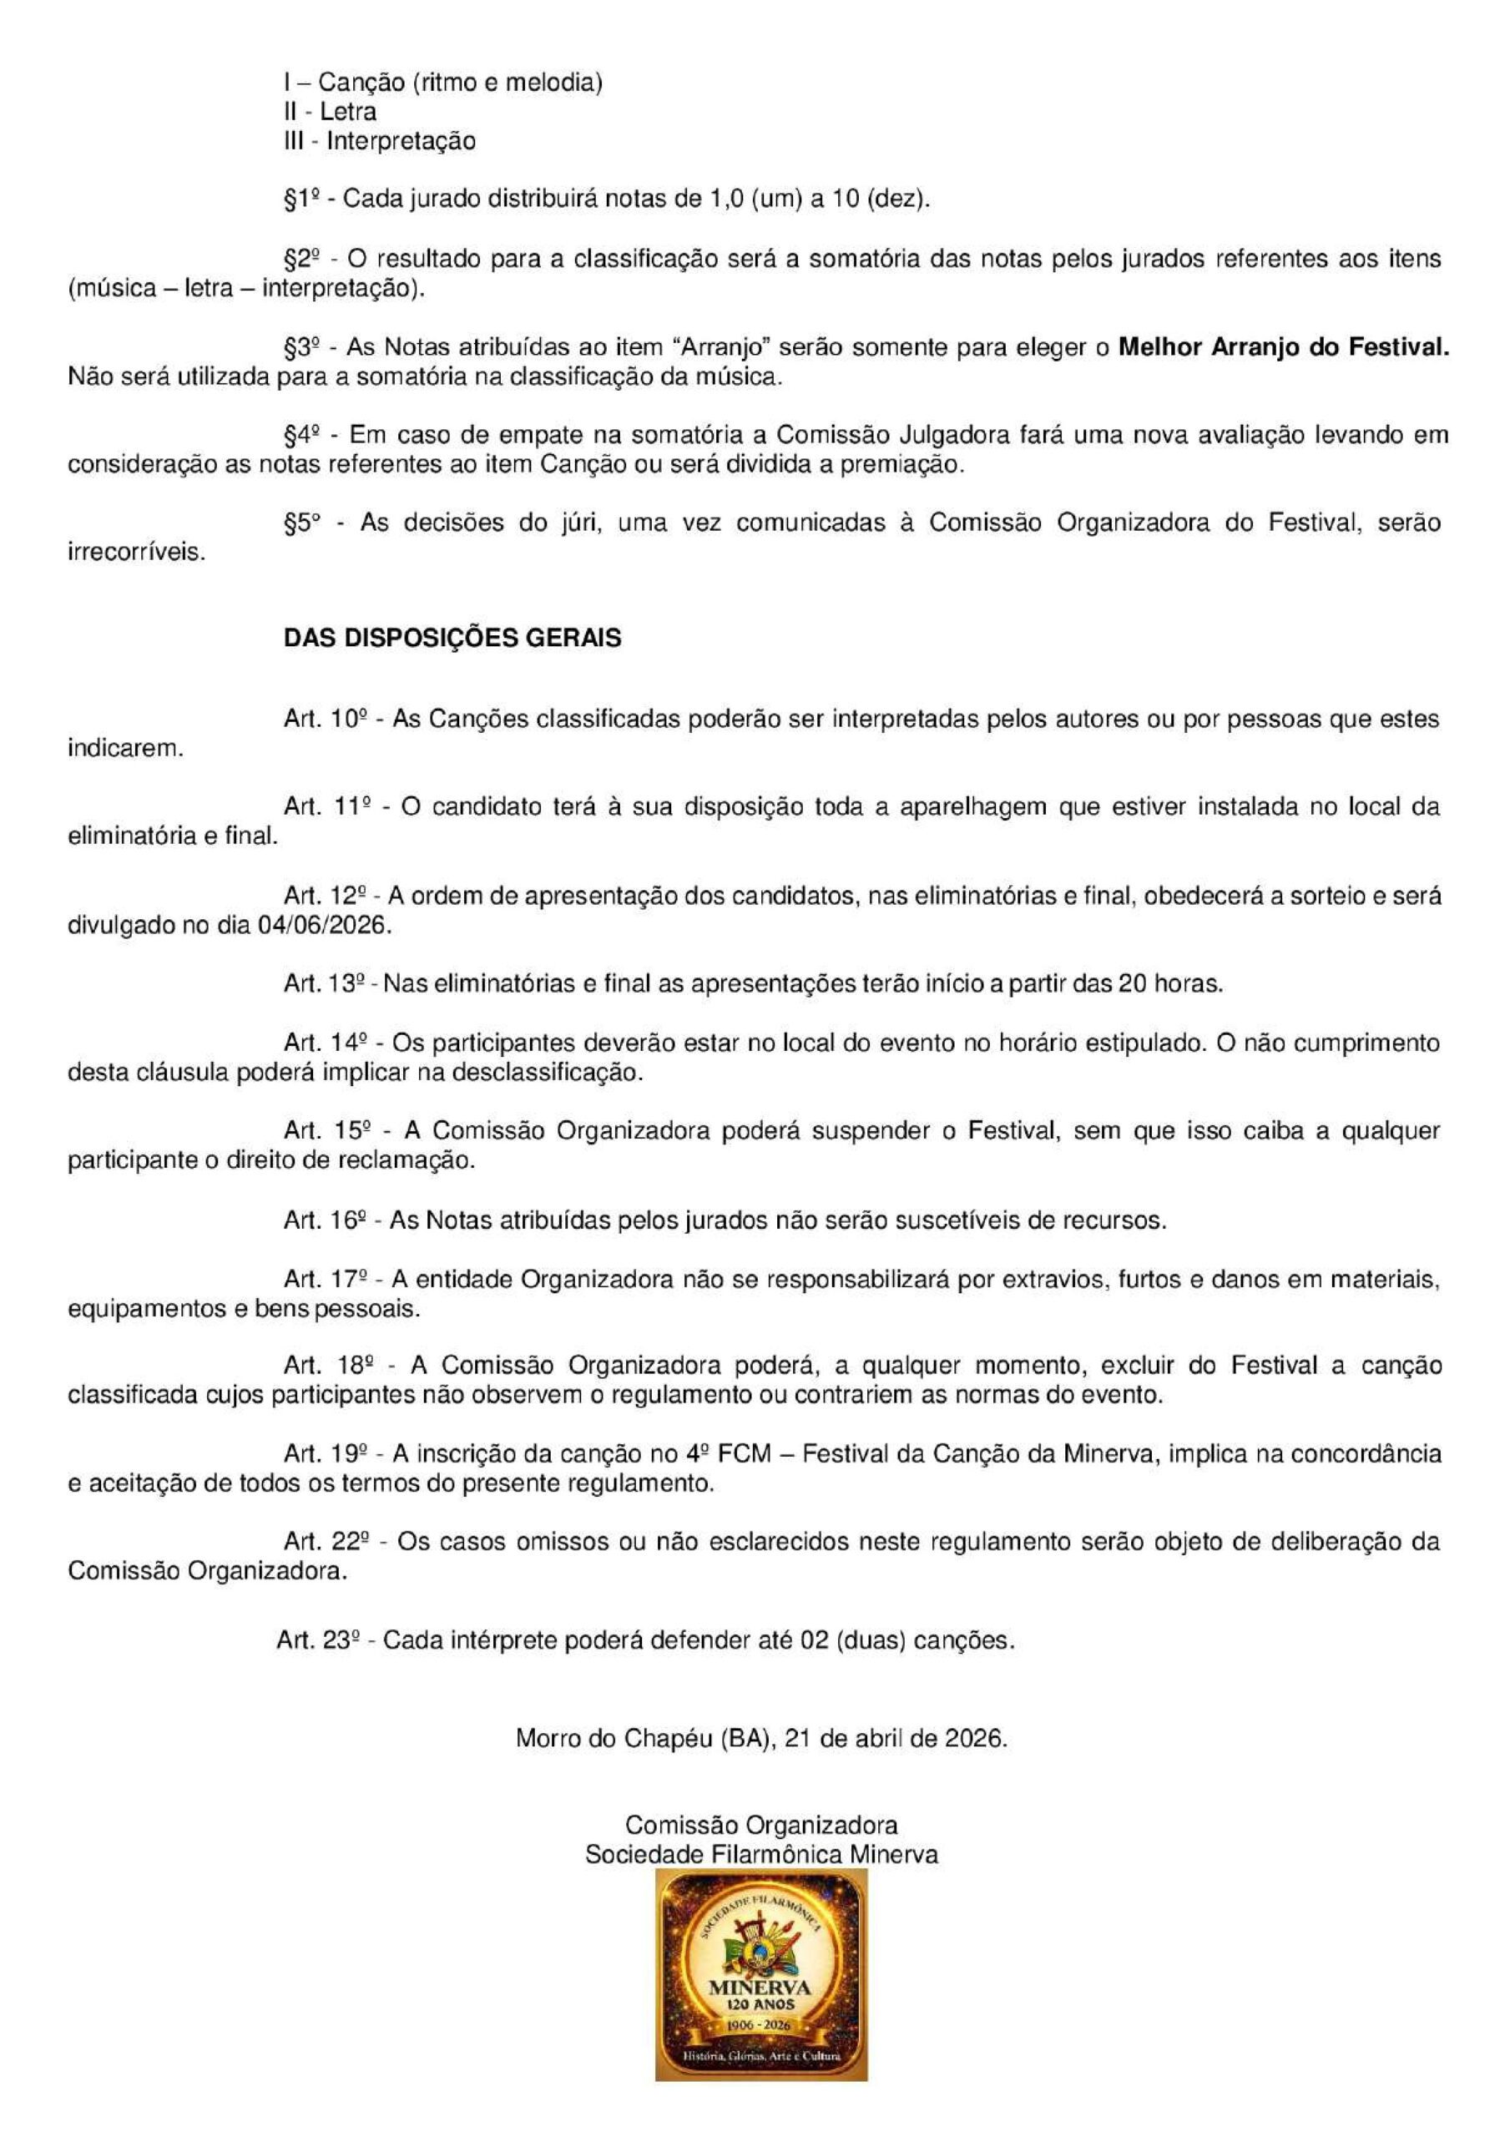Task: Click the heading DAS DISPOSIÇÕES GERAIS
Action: pyautogui.click(x=452, y=639)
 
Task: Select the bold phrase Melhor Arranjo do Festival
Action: pyautogui.click(x=1283, y=348)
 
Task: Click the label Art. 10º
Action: pyautogui.click(x=324, y=719)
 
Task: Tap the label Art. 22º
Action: pyautogui.click(x=324, y=1541)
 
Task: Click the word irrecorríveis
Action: pyautogui.click(x=137, y=552)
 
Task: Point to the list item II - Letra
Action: pyautogui.click(x=331, y=113)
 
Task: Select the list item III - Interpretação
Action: pyautogui.click(x=380, y=141)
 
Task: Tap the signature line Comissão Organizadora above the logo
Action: pyautogui.click(x=760, y=1824)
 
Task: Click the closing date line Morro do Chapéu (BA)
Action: pyautogui.click(x=760, y=1738)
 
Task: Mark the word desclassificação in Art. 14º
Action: pyautogui.click(x=548, y=1072)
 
